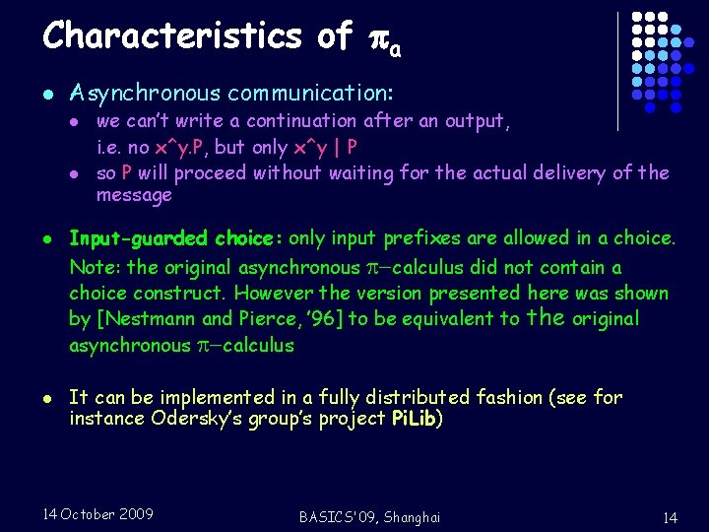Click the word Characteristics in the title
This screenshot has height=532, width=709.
pos(172,36)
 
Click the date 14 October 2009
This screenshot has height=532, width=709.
pos(97,514)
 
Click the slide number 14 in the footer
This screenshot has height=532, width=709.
pos(670,517)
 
